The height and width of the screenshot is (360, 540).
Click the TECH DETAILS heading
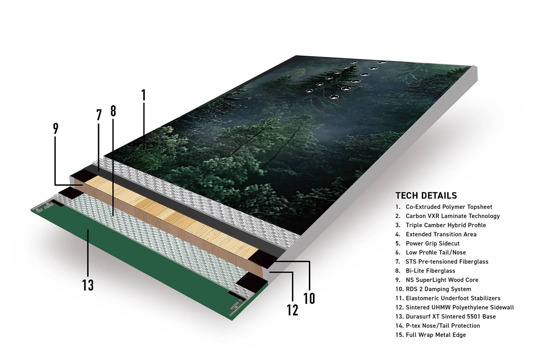[426, 195]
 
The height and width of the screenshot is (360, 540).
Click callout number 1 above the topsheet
[144, 95]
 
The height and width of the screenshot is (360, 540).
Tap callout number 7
[99, 115]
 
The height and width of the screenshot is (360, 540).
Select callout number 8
[113, 111]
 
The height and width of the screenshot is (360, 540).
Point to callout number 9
[56, 128]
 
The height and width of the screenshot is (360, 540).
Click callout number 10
[309, 299]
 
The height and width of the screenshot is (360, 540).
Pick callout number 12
[293, 310]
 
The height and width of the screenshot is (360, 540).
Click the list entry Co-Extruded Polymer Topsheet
[444, 207]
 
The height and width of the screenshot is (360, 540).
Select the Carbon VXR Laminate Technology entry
[447, 216]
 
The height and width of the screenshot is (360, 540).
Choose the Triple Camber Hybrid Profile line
[441, 225]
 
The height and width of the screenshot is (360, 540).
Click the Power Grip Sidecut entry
[427, 243]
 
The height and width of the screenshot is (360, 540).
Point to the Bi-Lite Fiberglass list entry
[425, 271]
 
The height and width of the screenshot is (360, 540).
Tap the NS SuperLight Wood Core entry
[437, 280]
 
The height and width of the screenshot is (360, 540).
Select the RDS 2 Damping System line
[433, 289]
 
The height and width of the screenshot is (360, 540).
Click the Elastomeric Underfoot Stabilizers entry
[448, 298]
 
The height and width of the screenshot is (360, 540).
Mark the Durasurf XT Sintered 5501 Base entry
[446, 317]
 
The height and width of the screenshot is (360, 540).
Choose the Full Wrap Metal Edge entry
[431, 335]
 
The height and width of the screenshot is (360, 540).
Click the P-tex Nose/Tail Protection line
[438, 326]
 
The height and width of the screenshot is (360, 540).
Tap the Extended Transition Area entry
[436, 234]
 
